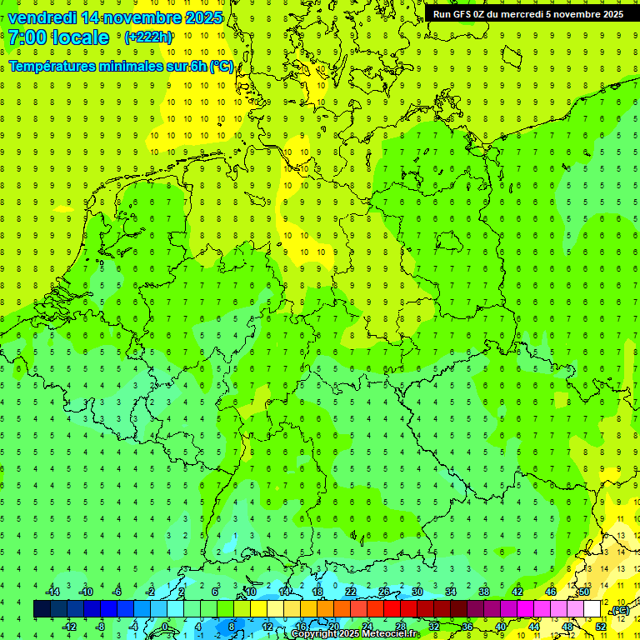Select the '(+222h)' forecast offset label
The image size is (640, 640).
coord(147,37)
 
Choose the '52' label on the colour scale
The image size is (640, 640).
coord(601,627)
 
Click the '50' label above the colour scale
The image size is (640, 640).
coord(584,592)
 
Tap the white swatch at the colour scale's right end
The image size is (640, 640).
coord(592,609)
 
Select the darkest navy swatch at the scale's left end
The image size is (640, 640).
coord(42,609)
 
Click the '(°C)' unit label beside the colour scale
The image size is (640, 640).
coord(620,611)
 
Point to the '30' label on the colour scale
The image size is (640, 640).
coord(417,592)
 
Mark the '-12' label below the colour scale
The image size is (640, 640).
coord(69,627)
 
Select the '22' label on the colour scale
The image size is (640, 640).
coord(351,592)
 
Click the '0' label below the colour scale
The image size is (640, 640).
coord(165,627)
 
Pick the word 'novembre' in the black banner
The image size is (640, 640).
coord(570,14)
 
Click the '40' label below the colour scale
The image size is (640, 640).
coord(501,627)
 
